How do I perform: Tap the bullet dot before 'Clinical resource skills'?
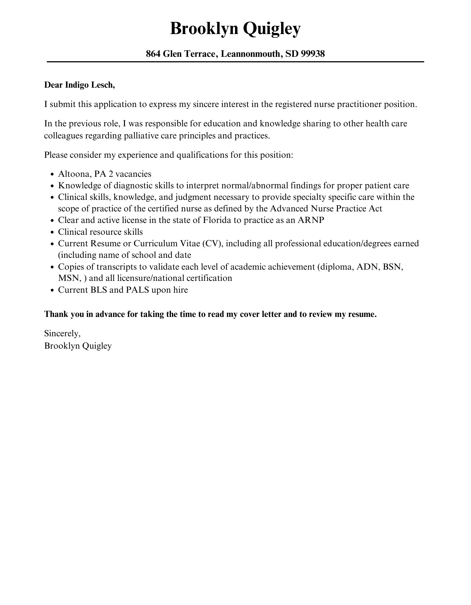coord(52,232)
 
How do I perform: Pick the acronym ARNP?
coord(311,220)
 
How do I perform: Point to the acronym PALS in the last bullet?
coord(137,290)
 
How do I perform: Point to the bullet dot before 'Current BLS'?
coord(52,290)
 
